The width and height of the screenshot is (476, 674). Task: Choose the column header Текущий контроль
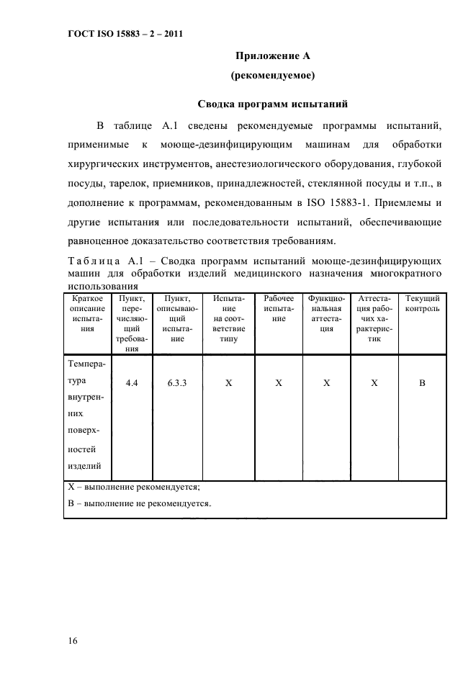[x=423, y=303]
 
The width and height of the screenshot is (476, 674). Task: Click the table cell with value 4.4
[x=132, y=384]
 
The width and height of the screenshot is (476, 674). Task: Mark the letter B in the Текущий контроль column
[x=423, y=384]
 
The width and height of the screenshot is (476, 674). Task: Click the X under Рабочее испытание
[x=279, y=384]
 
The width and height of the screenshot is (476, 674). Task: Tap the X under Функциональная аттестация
[x=326, y=384]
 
